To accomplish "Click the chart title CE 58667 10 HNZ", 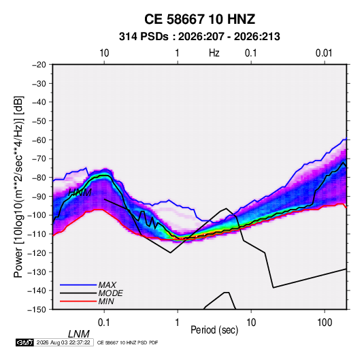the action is point(199,19).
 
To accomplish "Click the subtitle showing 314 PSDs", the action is point(199,37).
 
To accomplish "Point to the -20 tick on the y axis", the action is point(39,65).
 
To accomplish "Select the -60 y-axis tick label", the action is point(39,140).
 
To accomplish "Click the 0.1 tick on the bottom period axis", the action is point(104,323).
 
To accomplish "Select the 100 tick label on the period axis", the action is point(325,323).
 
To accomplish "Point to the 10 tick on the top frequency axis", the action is point(104,53).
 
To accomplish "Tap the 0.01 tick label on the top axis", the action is point(324,53).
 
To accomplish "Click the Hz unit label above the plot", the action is point(214,53).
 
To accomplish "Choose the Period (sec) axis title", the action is point(214,330).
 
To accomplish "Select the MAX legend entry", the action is point(107,284).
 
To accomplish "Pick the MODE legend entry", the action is point(110,293).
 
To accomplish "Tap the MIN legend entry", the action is point(106,301).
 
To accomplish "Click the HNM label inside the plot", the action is point(80,193).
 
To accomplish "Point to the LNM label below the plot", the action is point(79,334).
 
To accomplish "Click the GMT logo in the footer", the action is point(24,342).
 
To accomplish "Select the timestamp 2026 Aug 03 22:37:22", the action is point(63,342).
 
